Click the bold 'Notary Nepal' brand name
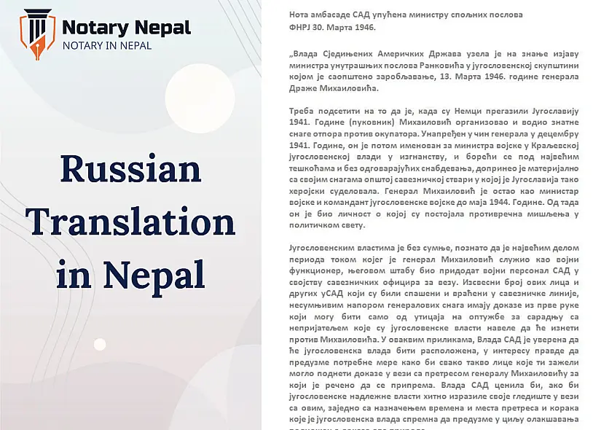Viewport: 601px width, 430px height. point(126,28)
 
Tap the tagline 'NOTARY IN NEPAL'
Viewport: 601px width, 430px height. point(107,45)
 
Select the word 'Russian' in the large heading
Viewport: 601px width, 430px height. point(130,169)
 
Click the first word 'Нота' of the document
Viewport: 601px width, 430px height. point(279,15)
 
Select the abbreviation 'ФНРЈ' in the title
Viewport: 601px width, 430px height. point(282,27)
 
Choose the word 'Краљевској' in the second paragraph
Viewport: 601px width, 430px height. point(553,145)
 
